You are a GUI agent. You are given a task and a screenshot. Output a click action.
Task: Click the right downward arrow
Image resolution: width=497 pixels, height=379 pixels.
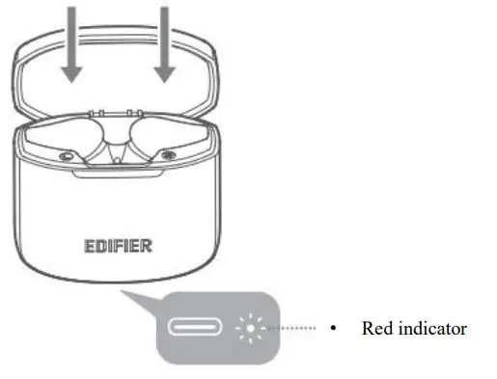(165, 43)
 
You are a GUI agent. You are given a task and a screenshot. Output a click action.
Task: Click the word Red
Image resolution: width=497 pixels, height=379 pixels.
(376, 329)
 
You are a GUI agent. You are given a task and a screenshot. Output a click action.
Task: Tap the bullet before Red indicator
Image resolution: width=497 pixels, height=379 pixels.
(332, 329)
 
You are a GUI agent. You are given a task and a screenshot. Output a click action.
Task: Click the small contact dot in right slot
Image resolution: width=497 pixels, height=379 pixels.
(169, 153)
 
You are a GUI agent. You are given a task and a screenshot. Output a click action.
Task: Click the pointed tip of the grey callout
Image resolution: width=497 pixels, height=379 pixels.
(120, 290)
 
